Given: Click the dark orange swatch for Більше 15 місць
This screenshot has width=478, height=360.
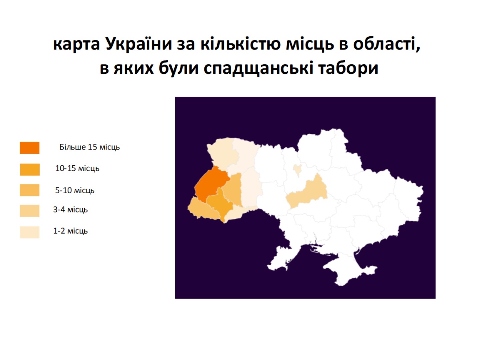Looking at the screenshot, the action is (x=30, y=148).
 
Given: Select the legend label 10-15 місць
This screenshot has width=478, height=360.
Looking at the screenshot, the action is (x=77, y=168).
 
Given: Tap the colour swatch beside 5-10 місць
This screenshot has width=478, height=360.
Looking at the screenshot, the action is (x=30, y=190).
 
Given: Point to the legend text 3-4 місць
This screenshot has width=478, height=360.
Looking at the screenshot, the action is (x=71, y=210).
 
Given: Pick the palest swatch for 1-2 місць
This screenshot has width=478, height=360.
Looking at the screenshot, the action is (x=30, y=232).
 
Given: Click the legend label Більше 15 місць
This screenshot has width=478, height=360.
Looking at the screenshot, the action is (x=90, y=147).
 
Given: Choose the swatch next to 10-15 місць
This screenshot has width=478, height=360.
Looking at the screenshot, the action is (x=30, y=169).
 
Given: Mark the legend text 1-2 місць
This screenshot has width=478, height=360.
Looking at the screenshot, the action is (x=71, y=231).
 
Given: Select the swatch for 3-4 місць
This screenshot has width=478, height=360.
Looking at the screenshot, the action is (x=30, y=211).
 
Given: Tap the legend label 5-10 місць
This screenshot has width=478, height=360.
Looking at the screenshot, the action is (x=75, y=191).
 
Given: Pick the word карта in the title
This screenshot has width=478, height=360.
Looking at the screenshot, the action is (x=76, y=45).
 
